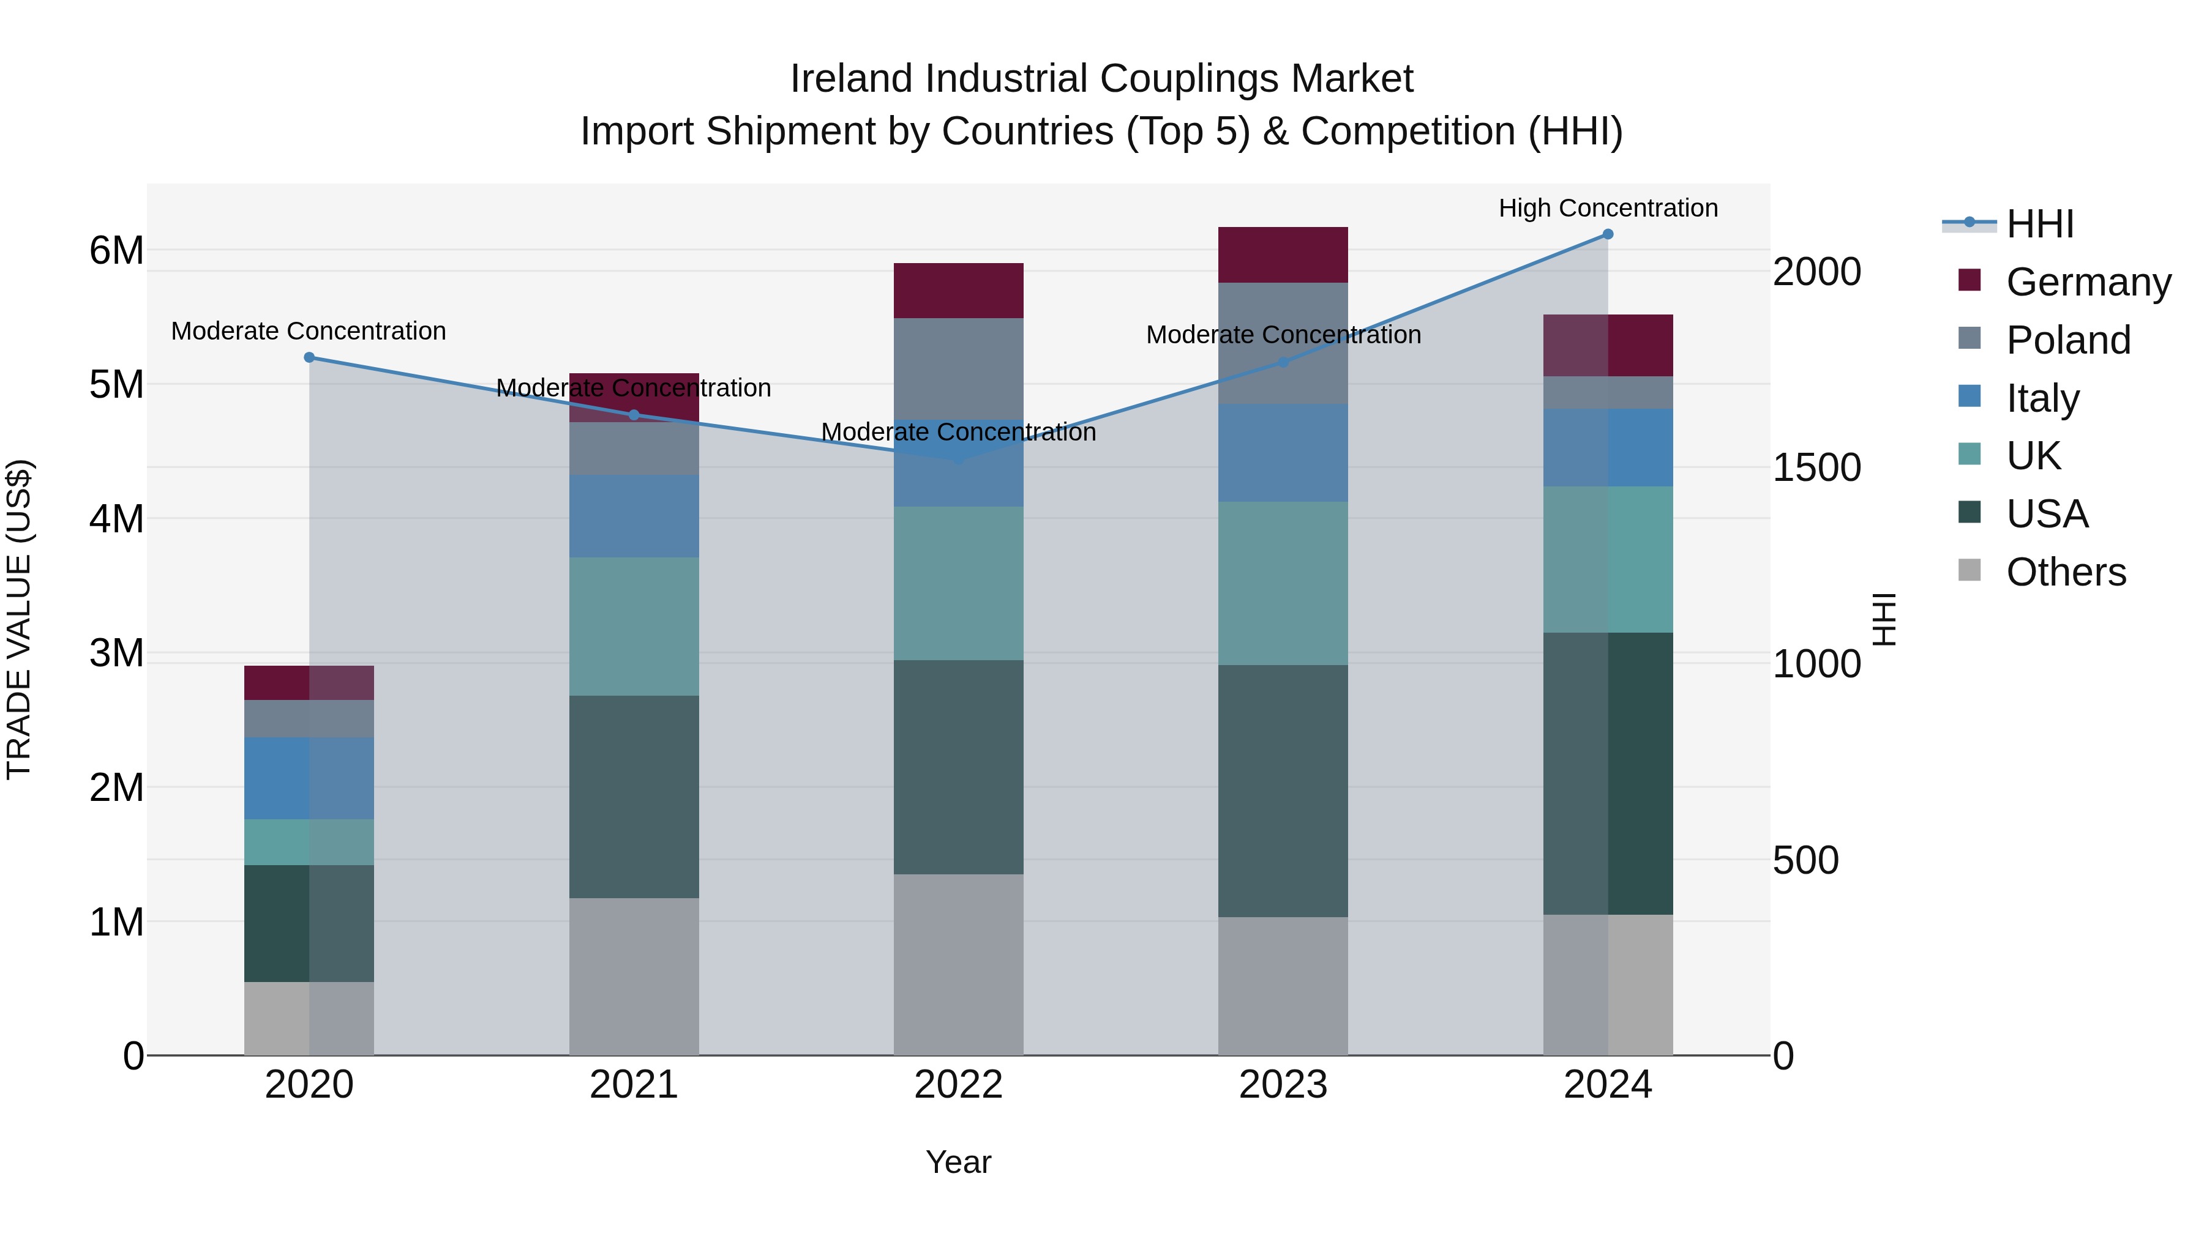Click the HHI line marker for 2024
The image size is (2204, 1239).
[x=1608, y=234]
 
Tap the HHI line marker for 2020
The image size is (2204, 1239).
[x=310, y=357]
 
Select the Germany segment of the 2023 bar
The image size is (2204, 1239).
[x=1283, y=255]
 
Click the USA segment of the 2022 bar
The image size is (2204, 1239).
[x=958, y=767]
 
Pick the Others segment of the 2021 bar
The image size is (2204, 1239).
[x=634, y=977]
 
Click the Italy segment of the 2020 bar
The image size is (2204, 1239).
[x=309, y=778]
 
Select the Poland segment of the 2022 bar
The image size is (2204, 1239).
[x=958, y=368]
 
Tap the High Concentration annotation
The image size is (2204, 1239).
[x=1608, y=208]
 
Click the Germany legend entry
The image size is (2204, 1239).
[x=2088, y=282]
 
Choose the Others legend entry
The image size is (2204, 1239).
[x=2066, y=572]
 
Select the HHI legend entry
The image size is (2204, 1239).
[x=2040, y=224]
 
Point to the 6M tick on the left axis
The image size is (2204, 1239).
[x=116, y=250]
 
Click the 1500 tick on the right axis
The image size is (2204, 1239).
[x=1816, y=467]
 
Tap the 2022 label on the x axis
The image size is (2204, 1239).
[x=958, y=1085]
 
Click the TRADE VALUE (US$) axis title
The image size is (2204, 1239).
[x=20, y=619]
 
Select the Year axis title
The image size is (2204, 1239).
[x=958, y=1162]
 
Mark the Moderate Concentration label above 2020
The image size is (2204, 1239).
[x=309, y=331]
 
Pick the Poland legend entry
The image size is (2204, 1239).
[x=2068, y=340]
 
